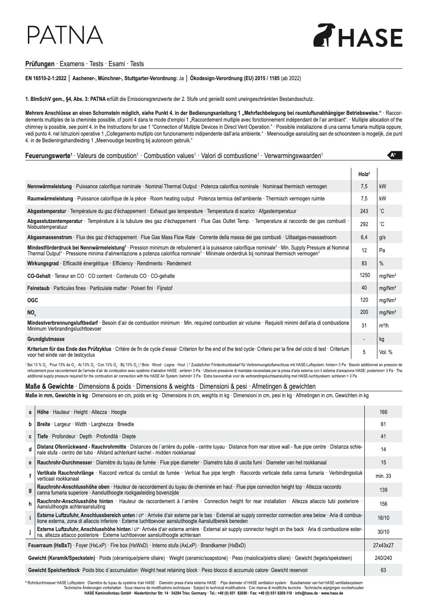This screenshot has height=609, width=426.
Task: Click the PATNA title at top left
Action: [64, 35]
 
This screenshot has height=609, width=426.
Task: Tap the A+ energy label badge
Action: [394, 155]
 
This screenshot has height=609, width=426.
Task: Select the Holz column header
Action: [363, 174]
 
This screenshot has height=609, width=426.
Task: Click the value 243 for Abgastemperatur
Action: [364, 211]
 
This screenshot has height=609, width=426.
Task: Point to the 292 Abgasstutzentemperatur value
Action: [364, 224]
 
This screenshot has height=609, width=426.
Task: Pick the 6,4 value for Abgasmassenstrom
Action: [364, 237]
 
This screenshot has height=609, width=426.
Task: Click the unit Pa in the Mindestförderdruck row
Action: [382, 250]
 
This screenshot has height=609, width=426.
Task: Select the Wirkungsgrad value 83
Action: [364, 264]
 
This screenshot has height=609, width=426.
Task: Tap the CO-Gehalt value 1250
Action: [364, 275]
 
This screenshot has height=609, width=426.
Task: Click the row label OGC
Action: [33, 300]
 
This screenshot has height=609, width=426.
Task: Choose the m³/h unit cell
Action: [384, 326]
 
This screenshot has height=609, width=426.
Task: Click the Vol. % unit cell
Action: [385, 352]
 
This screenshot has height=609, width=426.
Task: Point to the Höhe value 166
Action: [383, 412]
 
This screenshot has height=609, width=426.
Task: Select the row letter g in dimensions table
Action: [30, 490]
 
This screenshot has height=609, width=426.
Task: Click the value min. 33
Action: [383, 476]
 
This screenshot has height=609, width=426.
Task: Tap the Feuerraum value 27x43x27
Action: [383, 545]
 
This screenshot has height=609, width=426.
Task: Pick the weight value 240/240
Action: [383, 558]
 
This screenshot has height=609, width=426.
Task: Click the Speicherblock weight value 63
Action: [383, 570]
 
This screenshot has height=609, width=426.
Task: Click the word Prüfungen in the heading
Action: [40, 64]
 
